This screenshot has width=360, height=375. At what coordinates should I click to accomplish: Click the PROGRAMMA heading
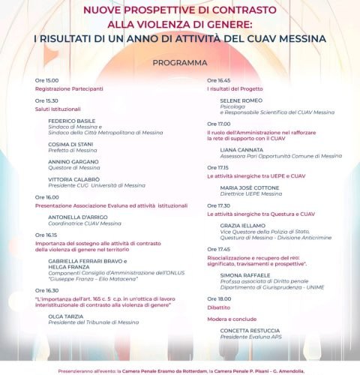pyautogui.click(x=180, y=63)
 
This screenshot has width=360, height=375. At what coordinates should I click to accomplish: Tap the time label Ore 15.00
pyautogui.click(x=46, y=79)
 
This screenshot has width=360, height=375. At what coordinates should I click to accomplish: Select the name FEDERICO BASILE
pyautogui.click(x=72, y=121)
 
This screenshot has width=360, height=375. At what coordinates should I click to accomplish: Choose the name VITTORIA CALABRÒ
pyautogui.click(x=73, y=180)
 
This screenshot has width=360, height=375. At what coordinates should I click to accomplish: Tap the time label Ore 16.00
pyautogui.click(x=46, y=197)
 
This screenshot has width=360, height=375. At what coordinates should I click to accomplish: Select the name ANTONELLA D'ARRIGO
pyautogui.click(x=78, y=217)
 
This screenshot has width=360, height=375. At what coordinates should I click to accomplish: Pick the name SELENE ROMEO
pyautogui.click(x=241, y=100)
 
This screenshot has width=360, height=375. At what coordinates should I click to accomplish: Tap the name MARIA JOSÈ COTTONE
pyautogui.click(x=251, y=187)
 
